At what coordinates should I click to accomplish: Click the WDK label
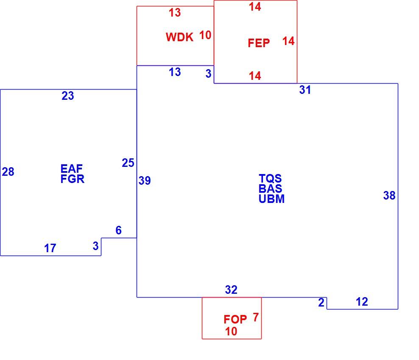point(179,37)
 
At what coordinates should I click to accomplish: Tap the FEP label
point(259,43)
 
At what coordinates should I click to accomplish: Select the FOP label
point(235,319)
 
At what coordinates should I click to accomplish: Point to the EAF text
point(71,169)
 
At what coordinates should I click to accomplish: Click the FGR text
point(73,179)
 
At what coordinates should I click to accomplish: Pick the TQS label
point(270,178)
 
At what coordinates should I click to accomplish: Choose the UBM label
point(271,199)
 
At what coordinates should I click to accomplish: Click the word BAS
point(270,188)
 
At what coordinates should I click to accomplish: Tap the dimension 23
point(68,96)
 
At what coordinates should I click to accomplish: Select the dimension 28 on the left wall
point(8,172)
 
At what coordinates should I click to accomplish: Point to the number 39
point(145,181)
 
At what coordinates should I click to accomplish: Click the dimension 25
point(128,163)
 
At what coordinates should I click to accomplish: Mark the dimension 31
point(305,90)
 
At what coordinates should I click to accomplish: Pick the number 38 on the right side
point(389,196)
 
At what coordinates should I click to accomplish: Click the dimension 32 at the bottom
point(231,290)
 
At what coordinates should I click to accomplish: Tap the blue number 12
point(362,302)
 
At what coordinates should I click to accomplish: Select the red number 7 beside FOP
point(256,317)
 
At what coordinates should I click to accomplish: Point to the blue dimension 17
point(50,248)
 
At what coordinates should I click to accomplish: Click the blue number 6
point(119,230)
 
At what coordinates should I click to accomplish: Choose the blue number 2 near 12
point(321,303)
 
